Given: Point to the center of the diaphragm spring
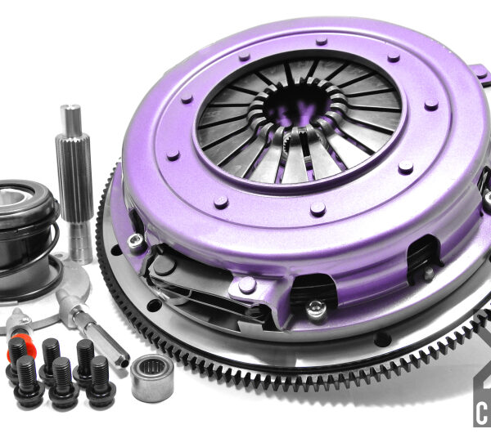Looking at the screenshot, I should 299,114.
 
